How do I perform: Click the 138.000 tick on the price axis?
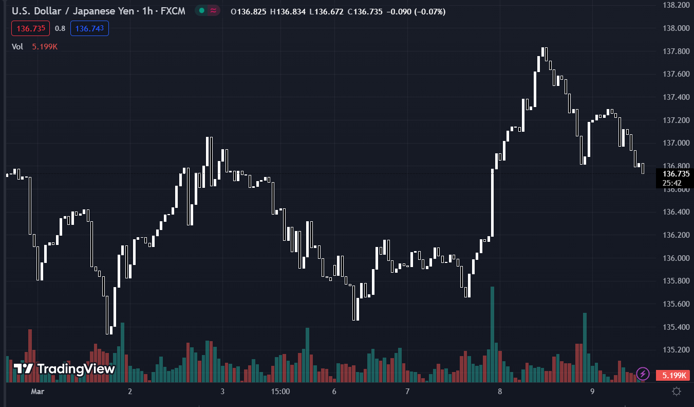[x=676, y=28]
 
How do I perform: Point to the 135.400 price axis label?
[x=676, y=327]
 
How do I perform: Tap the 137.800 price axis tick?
[x=676, y=51]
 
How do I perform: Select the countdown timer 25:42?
[x=672, y=183]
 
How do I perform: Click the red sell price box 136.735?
[x=31, y=28]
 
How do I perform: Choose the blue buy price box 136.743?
[x=89, y=28]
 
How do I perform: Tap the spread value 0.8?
[x=60, y=28]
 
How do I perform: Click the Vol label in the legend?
[x=17, y=46]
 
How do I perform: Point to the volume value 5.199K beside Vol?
[x=45, y=46]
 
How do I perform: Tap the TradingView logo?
[x=64, y=369]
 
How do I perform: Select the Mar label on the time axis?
[x=37, y=392]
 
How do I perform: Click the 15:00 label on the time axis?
[x=280, y=392]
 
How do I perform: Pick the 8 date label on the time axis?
[x=500, y=392]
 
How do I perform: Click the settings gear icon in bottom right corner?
[x=677, y=392]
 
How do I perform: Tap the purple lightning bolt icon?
[x=643, y=374]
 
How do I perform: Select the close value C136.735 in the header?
[x=365, y=11]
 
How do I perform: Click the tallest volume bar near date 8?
[x=492, y=334]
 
